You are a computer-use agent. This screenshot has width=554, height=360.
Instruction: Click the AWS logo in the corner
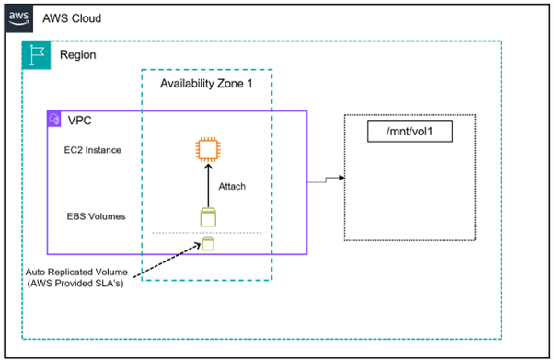[21, 18]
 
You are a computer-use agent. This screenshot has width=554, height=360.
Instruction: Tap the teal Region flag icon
[36, 55]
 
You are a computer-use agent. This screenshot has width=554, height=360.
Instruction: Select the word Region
[77, 55]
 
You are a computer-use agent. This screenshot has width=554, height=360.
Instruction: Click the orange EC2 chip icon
[207, 150]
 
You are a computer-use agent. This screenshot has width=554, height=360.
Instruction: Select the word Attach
[232, 186]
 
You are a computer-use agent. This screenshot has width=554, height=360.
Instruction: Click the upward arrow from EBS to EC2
[207, 189]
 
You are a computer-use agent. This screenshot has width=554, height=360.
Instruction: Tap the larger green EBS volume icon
[207, 217]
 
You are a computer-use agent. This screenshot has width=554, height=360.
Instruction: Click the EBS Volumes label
[95, 217]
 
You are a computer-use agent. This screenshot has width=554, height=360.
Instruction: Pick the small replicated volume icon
[208, 244]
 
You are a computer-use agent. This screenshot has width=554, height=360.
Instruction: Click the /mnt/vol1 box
[412, 132]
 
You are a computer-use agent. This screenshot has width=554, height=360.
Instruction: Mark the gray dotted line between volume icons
[175, 232]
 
